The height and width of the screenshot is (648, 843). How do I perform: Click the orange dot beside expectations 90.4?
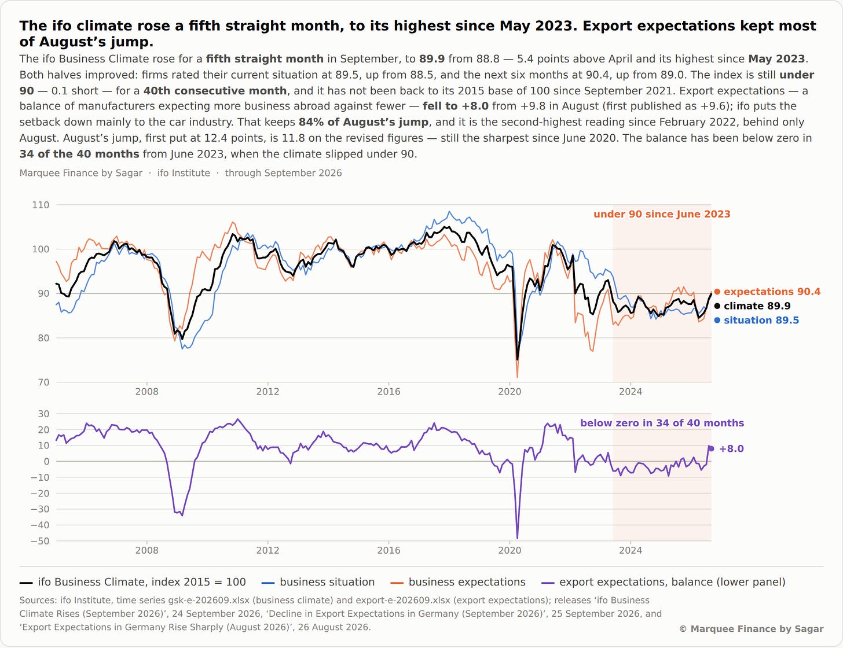pyautogui.click(x=717, y=292)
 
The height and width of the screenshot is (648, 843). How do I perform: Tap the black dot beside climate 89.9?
pyautogui.click(x=717, y=306)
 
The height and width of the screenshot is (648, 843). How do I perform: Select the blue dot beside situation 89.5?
pyautogui.click(x=717, y=321)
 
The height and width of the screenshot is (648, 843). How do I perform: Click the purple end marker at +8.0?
pyautogui.click(x=711, y=449)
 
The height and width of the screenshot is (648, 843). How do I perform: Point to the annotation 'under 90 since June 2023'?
pyautogui.click(x=662, y=214)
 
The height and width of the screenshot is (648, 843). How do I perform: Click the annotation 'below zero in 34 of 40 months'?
pyautogui.click(x=662, y=423)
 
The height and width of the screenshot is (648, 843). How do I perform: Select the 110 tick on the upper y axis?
pyautogui.click(x=41, y=205)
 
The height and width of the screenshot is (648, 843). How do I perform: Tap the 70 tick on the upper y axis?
pyautogui.click(x=43, y=382)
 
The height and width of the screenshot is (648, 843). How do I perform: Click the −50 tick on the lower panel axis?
pyautogui.click(x=40, y=541)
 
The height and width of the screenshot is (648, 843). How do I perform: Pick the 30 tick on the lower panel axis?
pyautogui.click(x=43, y=414)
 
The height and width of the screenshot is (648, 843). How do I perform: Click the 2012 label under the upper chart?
pyautogui.click(x=267, y=392)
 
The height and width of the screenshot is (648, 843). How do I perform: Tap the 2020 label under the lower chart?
pyautogui.click(x=510, y=550)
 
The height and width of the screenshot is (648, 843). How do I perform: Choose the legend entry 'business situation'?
pyautogui.click(x=318, y=582)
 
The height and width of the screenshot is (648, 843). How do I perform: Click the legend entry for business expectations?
pyautogui.click(x=458, y=582)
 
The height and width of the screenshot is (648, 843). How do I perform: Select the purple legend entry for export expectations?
pyautogui.click(x=664, y=582)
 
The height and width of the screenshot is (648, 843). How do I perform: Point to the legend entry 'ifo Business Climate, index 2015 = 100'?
pyautogui.click(x=133, y=582)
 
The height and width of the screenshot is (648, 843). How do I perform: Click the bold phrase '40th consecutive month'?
pyautogui.click(x=215, y=91)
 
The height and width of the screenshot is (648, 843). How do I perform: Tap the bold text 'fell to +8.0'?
pyautogui.click(x=456, y=106)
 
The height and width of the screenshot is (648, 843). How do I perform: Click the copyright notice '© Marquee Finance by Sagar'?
pyautogui.click(x=751, y=629)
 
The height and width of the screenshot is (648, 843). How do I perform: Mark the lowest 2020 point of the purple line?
pyautogui.click(x=517, y=538)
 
